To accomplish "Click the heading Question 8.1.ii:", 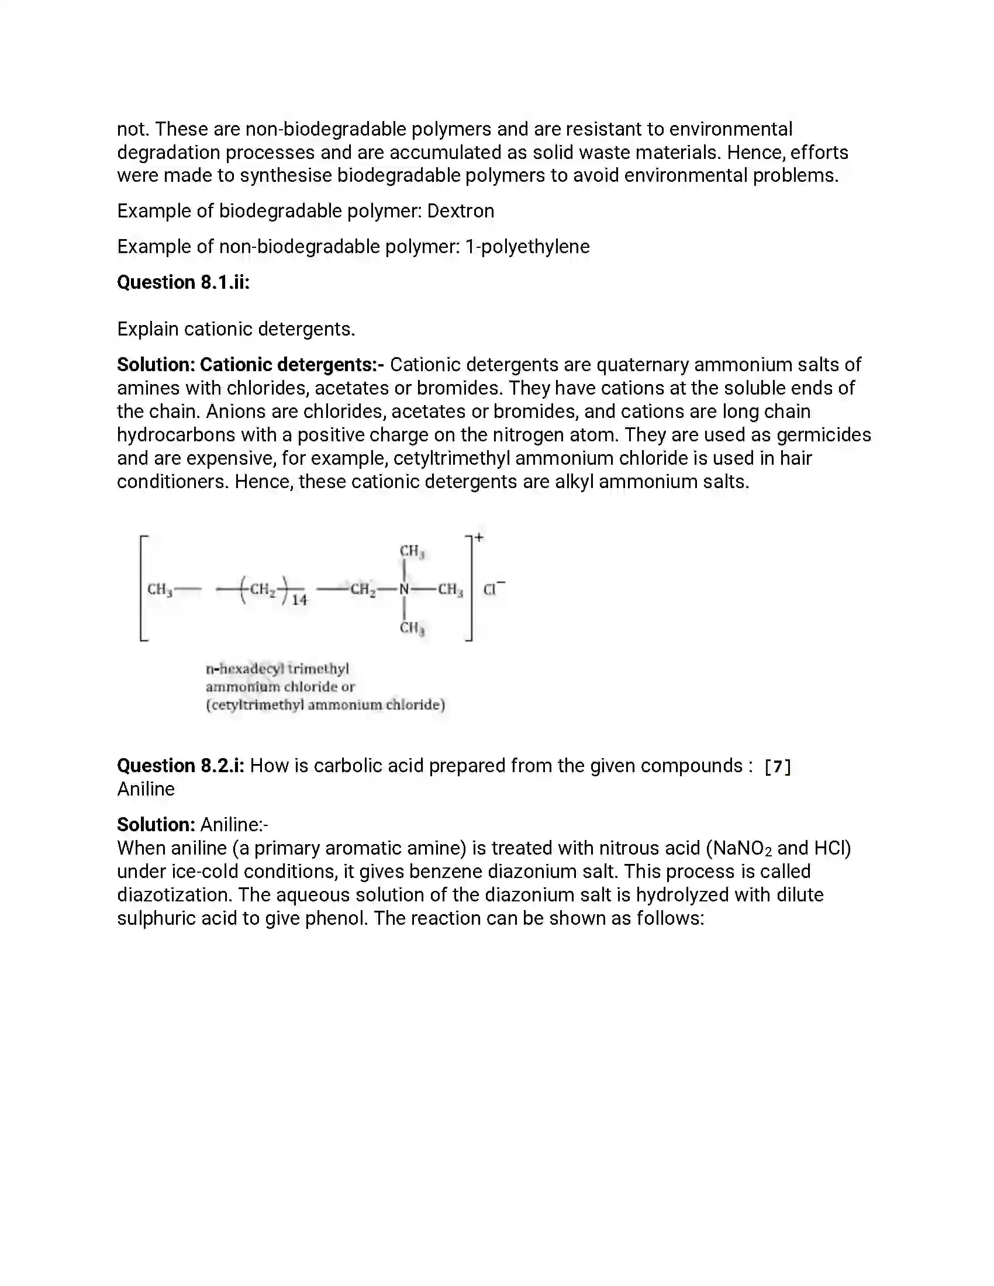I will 183,283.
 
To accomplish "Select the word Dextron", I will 461,211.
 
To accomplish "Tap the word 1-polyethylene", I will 527,247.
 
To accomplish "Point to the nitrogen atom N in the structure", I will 404,589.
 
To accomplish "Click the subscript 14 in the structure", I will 299,600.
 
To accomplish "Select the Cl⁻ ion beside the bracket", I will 492,589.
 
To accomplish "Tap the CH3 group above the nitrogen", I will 412,552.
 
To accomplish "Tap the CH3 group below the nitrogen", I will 412,628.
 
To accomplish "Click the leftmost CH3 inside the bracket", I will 160,589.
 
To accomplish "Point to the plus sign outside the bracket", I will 479,537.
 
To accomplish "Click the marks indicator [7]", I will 777,767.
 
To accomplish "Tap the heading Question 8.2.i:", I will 180,766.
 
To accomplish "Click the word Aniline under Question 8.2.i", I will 146,790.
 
